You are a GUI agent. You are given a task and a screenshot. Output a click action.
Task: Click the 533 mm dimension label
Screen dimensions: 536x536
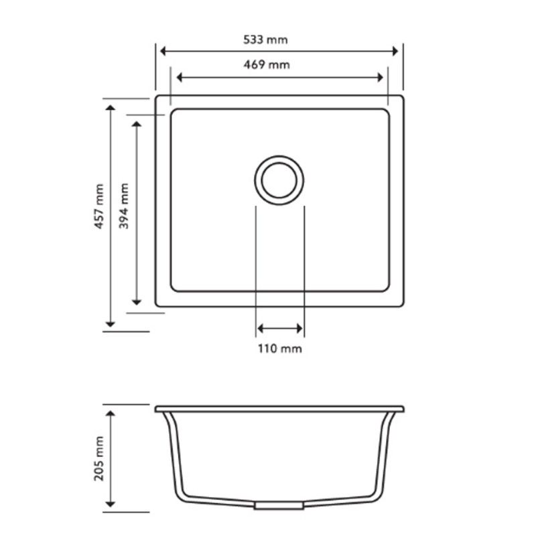265,40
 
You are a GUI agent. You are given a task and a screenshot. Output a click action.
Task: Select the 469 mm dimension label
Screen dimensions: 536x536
265,65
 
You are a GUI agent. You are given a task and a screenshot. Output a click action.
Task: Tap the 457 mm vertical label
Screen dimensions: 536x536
100,207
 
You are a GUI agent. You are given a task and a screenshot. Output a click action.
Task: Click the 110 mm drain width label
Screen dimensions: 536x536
280,349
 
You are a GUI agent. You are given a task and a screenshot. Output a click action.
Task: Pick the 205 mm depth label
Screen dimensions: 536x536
100,458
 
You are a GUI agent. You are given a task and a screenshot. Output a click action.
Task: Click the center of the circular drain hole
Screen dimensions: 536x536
279,180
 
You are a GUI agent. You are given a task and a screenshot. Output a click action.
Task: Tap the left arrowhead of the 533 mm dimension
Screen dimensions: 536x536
161,51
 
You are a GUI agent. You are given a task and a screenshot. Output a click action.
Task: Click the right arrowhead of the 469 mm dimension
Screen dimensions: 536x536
381,77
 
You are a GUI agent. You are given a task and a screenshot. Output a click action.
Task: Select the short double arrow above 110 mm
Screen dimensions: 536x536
279,328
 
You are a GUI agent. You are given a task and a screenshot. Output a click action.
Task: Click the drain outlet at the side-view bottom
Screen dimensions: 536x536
269,505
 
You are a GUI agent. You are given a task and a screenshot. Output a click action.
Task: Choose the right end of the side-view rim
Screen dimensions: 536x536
402,408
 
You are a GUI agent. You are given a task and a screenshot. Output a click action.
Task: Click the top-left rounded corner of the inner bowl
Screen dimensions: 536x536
175,113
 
